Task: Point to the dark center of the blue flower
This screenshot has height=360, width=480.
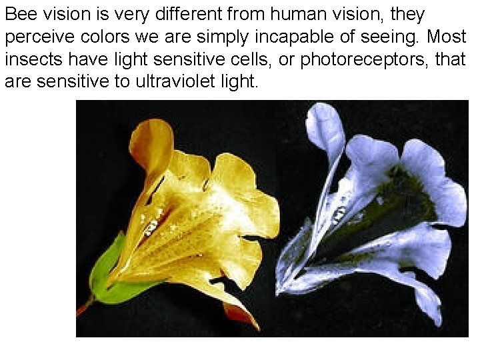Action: point(387,207)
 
